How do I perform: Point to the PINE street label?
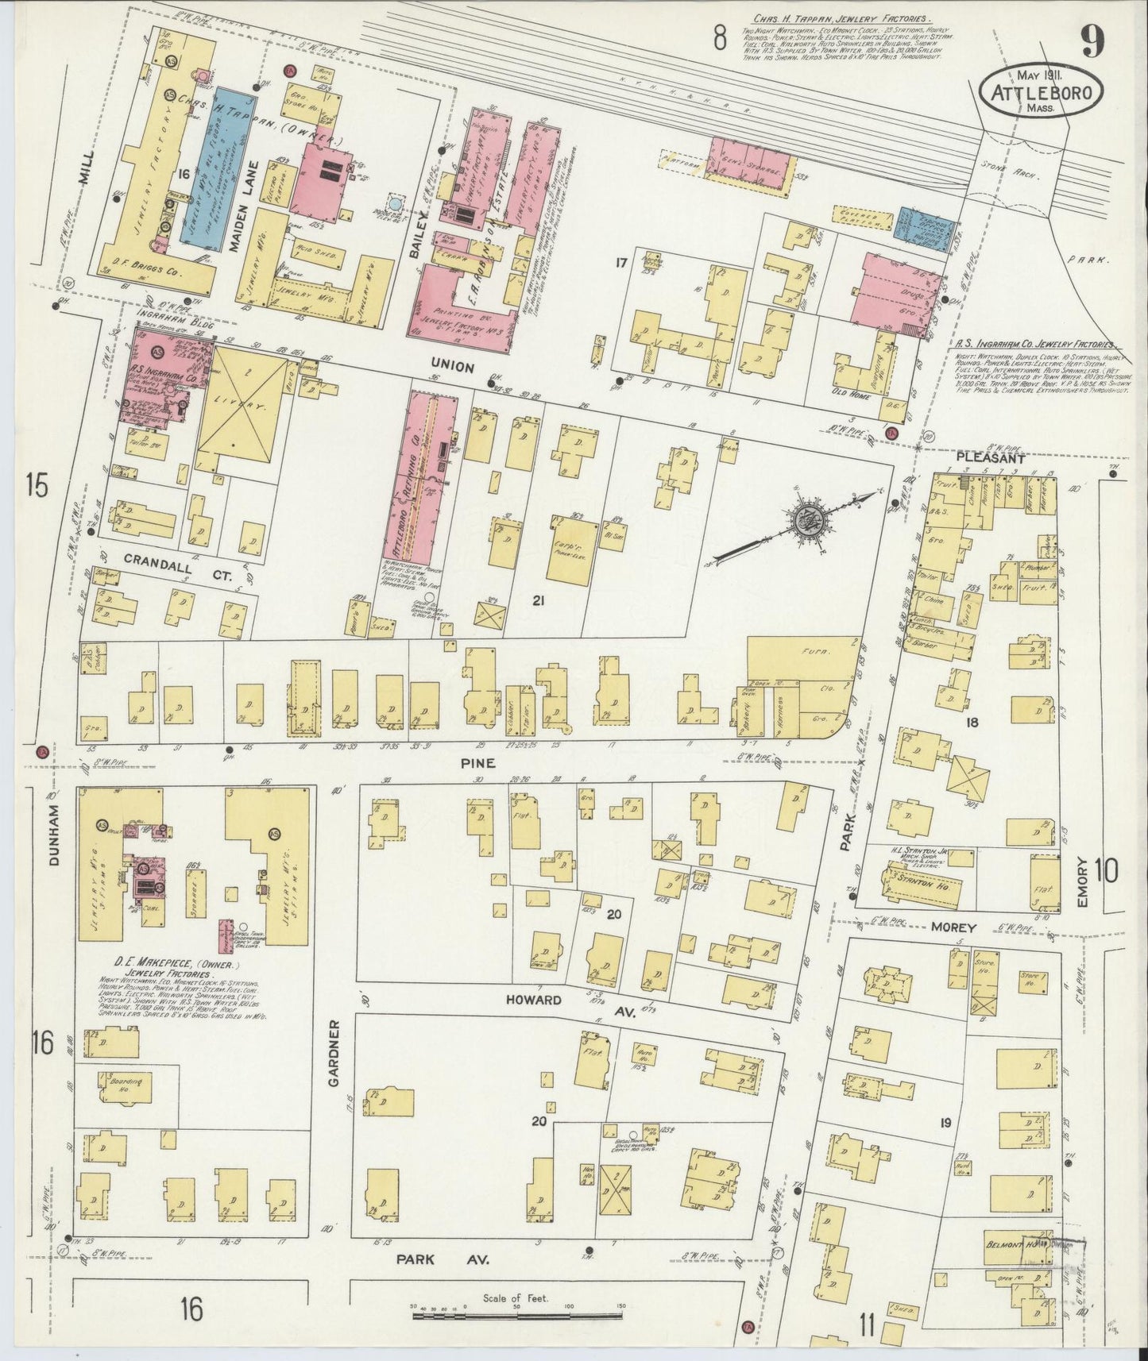point(481,762)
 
